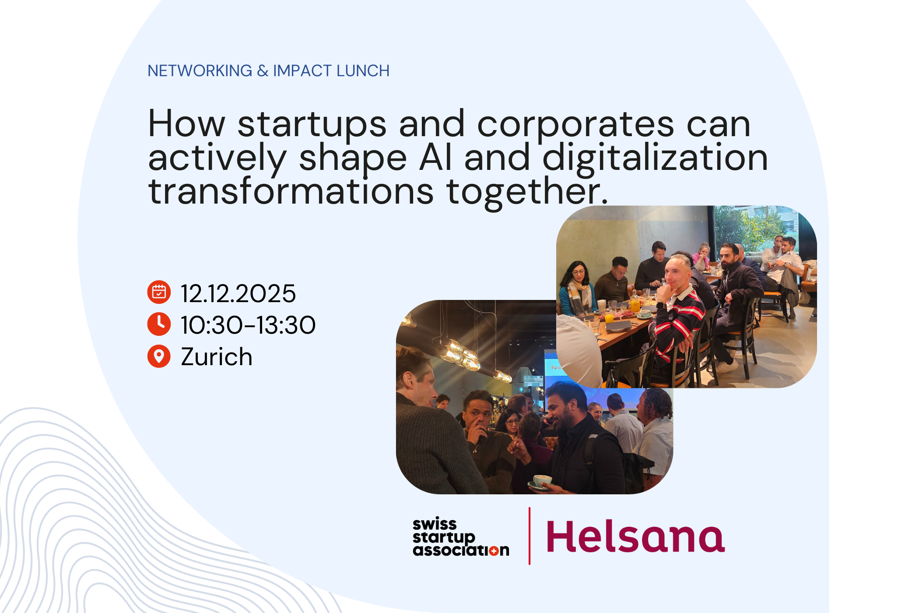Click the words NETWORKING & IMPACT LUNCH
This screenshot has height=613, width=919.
tap(268, 71)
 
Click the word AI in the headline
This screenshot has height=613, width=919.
tap(435, 158)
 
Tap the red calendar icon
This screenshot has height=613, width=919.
tap(159, 292)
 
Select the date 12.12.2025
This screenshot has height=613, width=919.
tap(239, 293)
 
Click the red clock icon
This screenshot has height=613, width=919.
tap(159, 324)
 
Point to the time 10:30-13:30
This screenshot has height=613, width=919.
tap(248, 325)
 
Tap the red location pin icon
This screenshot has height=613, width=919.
tap(159, 356)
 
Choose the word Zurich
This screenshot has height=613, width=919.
tap(217, 357)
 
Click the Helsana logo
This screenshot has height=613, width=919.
tap(635, 536)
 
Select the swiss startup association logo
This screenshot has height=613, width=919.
tap(460, 537)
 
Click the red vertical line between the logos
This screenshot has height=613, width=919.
tap(530, 536)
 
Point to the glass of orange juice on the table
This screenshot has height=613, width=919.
tap(609, 317)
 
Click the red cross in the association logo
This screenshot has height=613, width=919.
tap(493, 551)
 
